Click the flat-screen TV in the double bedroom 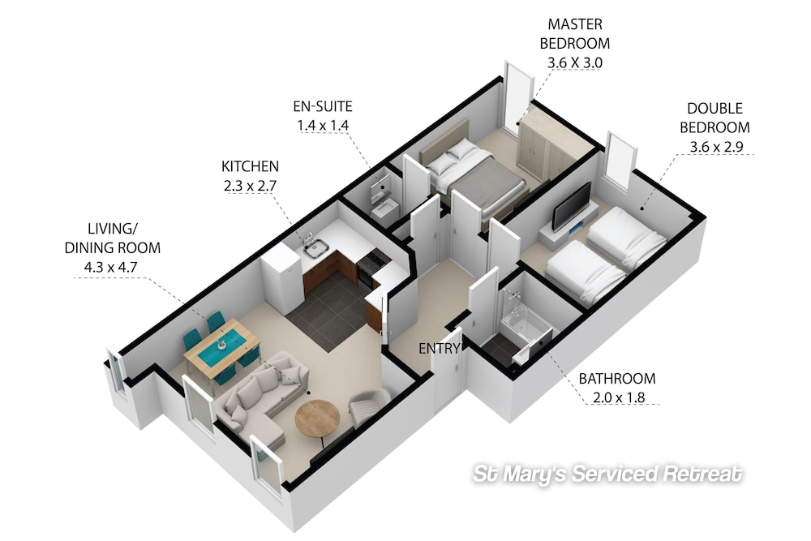572,206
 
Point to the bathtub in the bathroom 525,324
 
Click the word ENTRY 439,349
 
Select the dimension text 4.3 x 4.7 110,268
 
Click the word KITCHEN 250,166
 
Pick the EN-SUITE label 323,106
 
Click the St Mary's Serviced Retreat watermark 607,474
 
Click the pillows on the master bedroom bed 453,157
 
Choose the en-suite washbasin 384,209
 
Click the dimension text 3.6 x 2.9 716,147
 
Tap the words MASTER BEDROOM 575,33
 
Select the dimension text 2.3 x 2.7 250,186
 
